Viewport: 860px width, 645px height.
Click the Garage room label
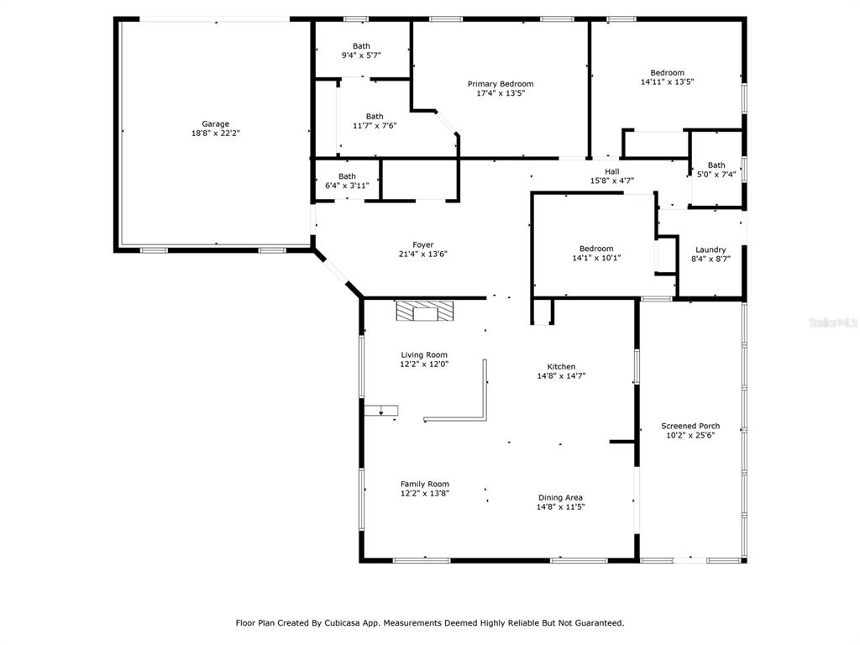(x=216, y=124)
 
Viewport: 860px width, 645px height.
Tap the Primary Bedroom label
(x=501, y=84)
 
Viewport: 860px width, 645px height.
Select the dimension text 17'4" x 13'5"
(x=501, y=93)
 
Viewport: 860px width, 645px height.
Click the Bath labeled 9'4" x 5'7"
(x=361, y=46)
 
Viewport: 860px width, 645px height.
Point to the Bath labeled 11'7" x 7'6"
(x=375, y=116)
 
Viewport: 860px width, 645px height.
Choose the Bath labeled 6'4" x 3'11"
(x=347, y=176)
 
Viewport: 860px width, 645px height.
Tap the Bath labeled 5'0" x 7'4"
(x=716, y=165)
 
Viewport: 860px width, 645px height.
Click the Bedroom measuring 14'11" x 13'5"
(x=668, y=72)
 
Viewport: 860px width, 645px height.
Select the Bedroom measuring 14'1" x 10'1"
(x=596, y=249)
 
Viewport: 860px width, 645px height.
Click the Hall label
(x=612, y=171)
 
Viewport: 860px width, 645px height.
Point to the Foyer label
(x=423, y=244)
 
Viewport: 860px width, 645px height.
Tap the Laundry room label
(x=711, y=249)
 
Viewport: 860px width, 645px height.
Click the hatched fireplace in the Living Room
(x=425, y=311)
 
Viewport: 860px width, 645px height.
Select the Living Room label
(x=424, y=355)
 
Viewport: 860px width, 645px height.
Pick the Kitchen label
(x=561, y=366)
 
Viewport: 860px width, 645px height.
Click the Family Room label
(x=424, y=484)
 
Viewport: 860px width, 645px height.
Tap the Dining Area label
(x=560, y=497)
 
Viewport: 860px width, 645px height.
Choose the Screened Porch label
(x=690, y=426)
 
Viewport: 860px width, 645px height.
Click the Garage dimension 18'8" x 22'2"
(x=216, y=134)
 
